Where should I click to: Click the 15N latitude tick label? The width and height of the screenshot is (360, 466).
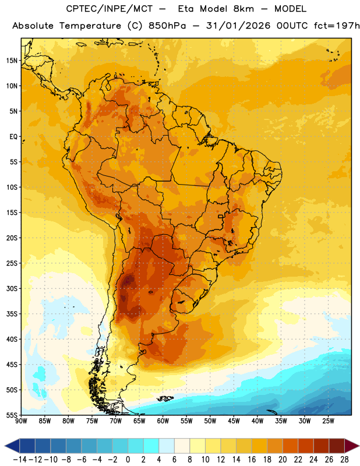[12, 61]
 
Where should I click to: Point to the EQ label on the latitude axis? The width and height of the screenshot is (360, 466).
[13, 137]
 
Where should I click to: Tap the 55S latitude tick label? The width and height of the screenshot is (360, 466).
[12, 415]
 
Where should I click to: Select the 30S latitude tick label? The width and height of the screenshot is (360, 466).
[12, 288]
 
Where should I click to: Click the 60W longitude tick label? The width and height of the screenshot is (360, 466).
[163, 421]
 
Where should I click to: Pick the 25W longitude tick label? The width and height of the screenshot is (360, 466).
[328, 421]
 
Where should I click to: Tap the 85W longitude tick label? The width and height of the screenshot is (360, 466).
[45, 421]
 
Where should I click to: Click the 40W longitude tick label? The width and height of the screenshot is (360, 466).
[257, 421]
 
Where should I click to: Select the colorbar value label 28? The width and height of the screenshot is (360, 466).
[344, 460]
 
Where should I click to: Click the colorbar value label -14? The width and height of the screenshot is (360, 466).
[20, 460]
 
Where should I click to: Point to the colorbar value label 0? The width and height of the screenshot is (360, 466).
[128, 460]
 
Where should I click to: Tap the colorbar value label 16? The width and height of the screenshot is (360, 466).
[252, 460]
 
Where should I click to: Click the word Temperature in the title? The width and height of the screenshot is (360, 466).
[90, 26]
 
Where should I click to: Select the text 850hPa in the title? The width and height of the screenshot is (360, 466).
[167, 26]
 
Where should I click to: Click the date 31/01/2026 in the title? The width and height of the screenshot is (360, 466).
[238, 26]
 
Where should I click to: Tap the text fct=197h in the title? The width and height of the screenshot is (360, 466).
[337, 26]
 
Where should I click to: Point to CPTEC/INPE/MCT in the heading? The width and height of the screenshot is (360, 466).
[110, 9]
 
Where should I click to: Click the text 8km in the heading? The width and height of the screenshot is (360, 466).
[243, 9]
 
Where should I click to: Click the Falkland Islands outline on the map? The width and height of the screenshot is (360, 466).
[165, 398]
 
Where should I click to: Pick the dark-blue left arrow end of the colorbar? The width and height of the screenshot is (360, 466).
[12, 446]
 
